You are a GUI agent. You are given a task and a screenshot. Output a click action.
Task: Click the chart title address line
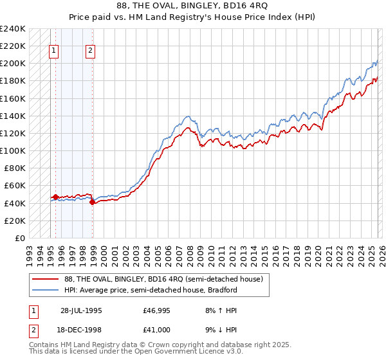[193, 5]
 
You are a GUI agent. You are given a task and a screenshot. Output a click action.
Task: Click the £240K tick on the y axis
[13, 29]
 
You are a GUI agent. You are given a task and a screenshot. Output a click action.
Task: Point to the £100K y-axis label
[13, 150]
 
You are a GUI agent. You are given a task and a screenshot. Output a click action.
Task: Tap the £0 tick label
[19, 238]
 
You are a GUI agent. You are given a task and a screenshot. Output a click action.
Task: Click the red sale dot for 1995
[56, 197]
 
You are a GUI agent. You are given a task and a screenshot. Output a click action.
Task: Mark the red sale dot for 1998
[92, 202]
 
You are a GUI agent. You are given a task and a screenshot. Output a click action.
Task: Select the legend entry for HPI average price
[151, 290]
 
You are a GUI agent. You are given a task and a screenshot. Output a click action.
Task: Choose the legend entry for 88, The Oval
[163, 279]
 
